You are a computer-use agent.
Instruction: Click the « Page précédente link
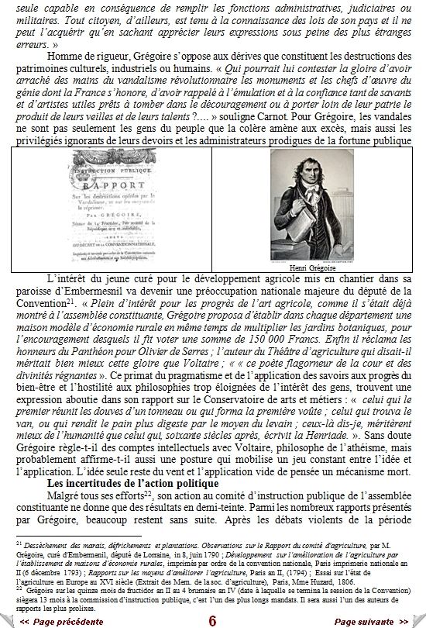tap(61, 621)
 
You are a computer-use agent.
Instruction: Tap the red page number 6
tap(213, 621)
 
